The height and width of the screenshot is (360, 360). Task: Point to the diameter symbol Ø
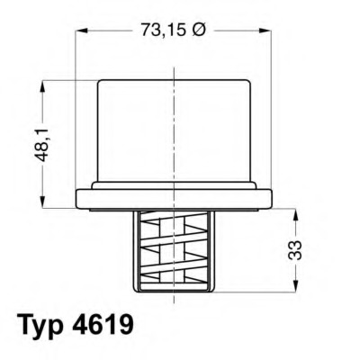(200, 31)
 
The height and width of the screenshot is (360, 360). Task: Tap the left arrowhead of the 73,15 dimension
(82, 31)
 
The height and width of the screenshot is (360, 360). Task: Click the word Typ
(41, 325)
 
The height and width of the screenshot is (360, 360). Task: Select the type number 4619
(106, 324)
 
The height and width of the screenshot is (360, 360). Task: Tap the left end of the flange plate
(81, 197)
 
